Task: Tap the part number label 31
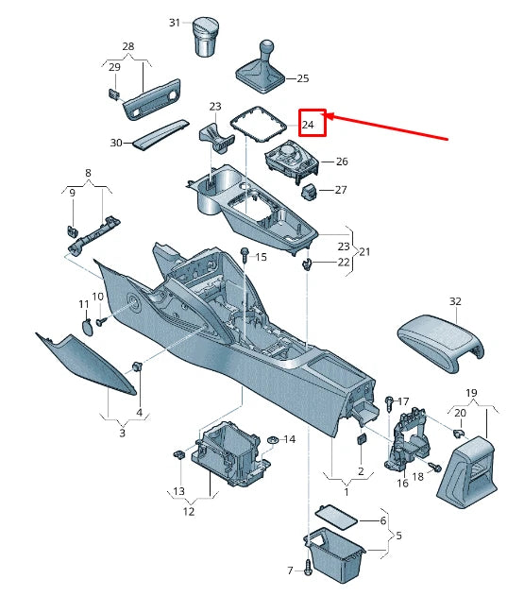pos(175,23)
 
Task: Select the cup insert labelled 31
pos(207,36)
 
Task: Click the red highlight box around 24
pos(313,123)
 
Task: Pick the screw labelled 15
pos(245,254)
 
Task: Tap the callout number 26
pos(342,162)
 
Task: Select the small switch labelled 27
pos(310,192)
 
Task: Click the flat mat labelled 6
pos(336,517)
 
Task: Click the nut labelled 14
pos(273,440)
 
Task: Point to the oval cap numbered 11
pos(87,328)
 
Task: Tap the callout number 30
pos(116,143)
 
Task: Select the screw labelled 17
pos(390,404)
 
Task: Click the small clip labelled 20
pos(459,433)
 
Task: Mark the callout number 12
pos(189,512)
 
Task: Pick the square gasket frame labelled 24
pos(259,124)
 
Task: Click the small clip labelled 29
pos(112,94)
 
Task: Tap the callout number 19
pos(471,393)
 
